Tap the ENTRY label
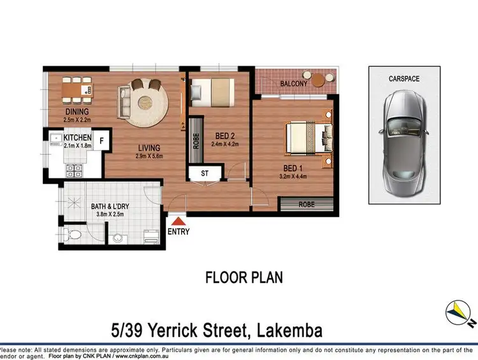tap(179, 232)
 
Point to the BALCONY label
tap(293, 83)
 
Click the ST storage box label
tap(205, 172)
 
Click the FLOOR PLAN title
tap(243, 278)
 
